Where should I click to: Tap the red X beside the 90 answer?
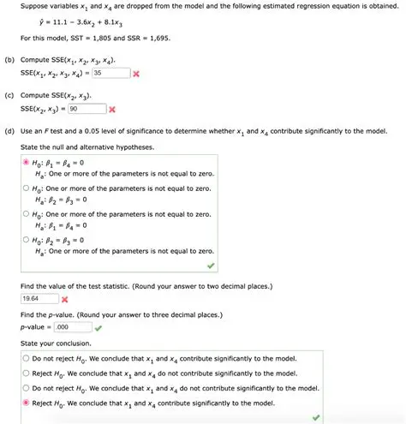(112, 110)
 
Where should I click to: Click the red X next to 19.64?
(65, 300)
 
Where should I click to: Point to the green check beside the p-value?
(99, 327)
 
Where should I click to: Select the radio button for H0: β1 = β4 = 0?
(26, 162)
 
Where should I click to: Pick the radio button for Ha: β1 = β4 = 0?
(26, 216)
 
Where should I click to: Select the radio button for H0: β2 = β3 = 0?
(26, 241)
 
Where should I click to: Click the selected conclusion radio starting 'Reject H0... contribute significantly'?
(26, 402)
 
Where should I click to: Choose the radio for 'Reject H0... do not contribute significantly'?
(26, 373)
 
